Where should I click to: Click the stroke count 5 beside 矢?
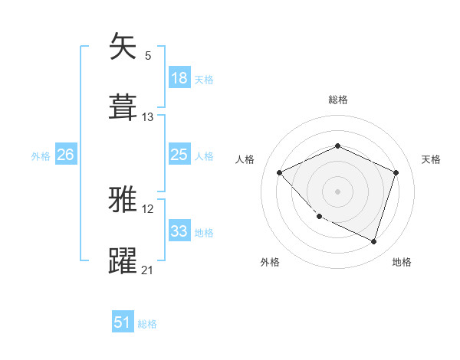148,56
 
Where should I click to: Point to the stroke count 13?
148,116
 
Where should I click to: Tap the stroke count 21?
148,270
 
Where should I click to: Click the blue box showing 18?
179,77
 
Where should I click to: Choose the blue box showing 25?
179,155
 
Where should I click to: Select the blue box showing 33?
179,231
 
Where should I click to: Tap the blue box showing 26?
65,155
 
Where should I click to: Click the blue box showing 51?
123,322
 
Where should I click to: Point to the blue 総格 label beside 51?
147,324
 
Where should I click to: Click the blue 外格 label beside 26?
41,155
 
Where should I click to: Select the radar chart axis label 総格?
337,100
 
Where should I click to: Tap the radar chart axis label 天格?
431,159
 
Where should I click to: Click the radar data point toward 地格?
373,241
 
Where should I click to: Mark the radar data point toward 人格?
280,172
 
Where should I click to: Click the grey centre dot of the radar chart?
337,191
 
